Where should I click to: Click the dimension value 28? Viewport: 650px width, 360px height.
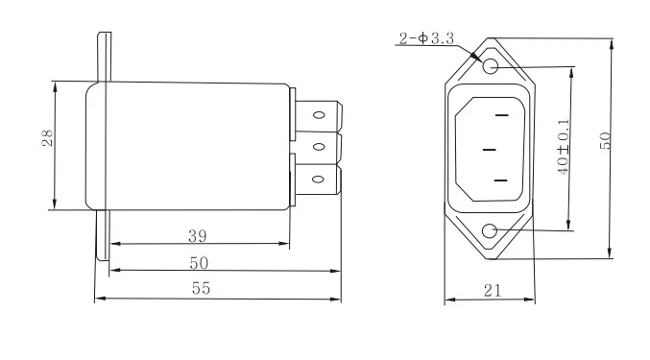click(48, 138)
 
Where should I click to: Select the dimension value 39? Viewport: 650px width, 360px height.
click(198, 236)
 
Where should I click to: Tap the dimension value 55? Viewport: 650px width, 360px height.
click(201, 288)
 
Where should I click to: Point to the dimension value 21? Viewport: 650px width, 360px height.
click(493, 291)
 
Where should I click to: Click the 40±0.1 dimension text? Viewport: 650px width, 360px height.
click(564, 147)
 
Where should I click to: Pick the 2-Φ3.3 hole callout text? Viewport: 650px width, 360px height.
click(426, 38)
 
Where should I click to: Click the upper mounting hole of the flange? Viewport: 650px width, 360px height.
click(491, 66)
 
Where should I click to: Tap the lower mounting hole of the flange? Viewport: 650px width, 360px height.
click(490, 230)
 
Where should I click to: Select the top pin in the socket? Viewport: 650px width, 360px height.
click(501, 115)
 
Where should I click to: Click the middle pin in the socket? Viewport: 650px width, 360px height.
click(490, 150)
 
